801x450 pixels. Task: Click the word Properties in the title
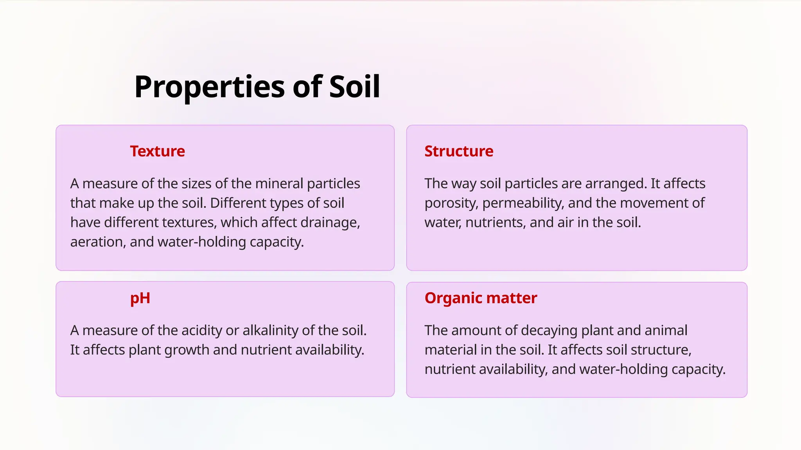click(210, 87)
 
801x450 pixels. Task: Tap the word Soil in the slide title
click(354, 87)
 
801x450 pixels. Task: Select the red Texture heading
click(157, 151)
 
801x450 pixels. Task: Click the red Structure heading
click(459, 151)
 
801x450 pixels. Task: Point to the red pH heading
click(140, 298)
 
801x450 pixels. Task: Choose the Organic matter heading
click(481, 298)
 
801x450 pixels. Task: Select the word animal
click(666, 330)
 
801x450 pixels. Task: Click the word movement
click(656, 203)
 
